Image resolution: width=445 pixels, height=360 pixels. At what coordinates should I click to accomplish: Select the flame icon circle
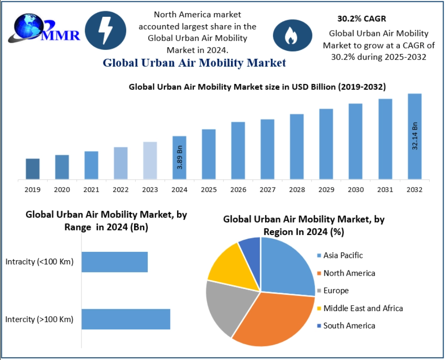pos(292,35)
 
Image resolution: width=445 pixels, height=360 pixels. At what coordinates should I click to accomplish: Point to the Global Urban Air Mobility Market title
pos(194,62)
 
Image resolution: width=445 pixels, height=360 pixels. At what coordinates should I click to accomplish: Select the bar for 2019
pos(33,168)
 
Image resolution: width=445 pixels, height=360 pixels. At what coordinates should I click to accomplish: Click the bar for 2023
pos(150,160)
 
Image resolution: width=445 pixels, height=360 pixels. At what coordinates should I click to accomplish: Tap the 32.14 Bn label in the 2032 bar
pos(415,136)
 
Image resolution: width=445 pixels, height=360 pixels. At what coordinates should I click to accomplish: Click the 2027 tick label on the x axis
pos(267,190)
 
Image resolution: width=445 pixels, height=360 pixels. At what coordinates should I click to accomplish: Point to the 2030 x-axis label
pos(356,190)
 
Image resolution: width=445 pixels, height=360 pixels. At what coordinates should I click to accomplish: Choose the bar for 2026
pos(238,150)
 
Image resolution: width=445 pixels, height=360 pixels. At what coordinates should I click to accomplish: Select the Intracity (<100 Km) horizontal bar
pos(115,262)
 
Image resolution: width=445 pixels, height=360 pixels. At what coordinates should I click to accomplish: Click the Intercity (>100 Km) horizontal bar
pos(126,319)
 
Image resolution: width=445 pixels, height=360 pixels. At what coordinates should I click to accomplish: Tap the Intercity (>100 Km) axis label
pos(40,319)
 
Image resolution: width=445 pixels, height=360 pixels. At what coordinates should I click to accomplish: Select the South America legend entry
pos(349,325)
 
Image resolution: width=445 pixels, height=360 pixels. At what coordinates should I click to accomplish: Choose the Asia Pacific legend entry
pos(342,256)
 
